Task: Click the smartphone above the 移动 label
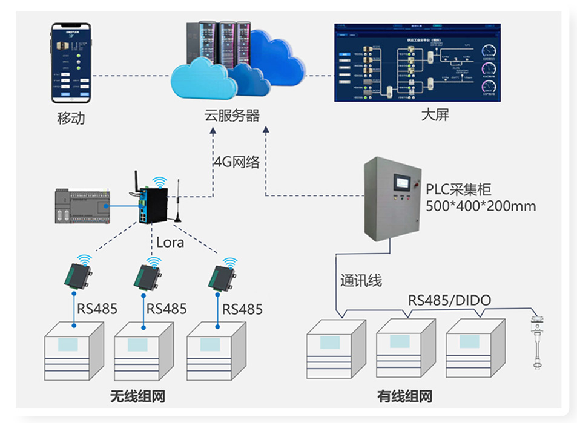coord(70,63)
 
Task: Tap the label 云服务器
coord(232,115)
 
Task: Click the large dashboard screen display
coord(418,62)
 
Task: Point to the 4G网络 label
coord(237,162)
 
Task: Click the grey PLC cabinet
coord(391,197)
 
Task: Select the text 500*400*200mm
coord(481,206)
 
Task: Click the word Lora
coord(170,242)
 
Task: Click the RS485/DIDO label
coord(449,300)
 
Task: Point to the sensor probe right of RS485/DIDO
coord(536,340)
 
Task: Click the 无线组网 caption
coord(137,397)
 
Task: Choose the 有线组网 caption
coord(404,397)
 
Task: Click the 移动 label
coord(70,117)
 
